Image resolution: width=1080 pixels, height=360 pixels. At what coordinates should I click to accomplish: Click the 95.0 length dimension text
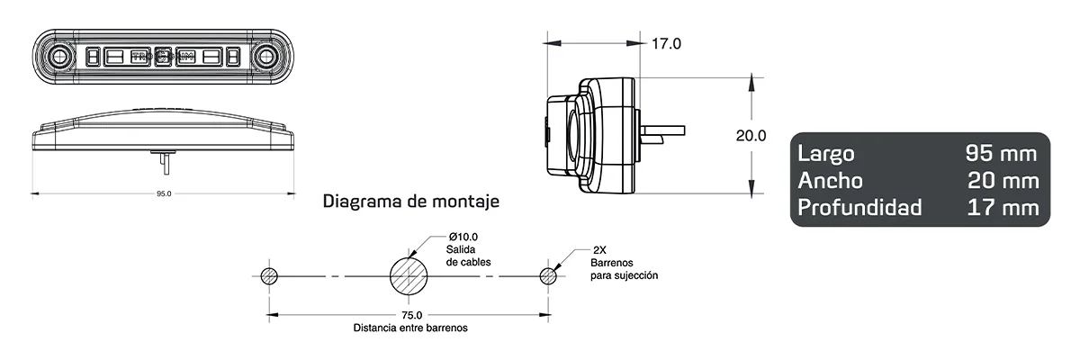[163, 193]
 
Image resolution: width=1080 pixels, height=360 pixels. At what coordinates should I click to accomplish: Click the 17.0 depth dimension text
[666, 43]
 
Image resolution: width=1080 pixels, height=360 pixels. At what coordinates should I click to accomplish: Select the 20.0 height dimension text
[751, 137]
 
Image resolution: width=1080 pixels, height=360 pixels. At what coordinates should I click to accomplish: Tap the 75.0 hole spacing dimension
[411, 315]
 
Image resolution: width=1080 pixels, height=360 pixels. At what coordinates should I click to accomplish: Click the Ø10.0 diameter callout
[462, 236]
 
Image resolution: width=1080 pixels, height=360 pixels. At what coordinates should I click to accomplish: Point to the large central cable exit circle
[410, 275]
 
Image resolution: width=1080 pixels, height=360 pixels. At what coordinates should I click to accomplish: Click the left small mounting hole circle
[268, 275]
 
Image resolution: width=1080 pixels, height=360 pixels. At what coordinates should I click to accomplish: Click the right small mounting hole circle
[548, 275]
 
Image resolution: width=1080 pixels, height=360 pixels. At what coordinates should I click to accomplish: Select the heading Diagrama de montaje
[410, 202]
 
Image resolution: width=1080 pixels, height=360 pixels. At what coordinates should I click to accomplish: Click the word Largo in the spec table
[826, 154]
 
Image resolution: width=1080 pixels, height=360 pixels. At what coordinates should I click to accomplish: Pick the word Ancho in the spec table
[830, 181]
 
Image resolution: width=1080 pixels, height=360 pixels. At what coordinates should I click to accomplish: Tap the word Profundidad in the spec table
[859, 208]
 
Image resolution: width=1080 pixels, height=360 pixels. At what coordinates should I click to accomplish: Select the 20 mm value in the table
[1003, 181]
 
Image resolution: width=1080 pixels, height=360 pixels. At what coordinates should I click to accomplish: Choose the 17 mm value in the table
[1003, 208]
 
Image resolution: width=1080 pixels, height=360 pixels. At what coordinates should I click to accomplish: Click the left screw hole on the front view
[60, 58]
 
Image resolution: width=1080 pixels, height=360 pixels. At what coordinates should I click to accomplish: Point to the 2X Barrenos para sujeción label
[624, 263]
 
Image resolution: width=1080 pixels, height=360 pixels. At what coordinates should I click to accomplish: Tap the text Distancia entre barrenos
[410, 328]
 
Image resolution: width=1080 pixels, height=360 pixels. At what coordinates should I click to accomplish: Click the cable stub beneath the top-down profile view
[163, 161]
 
